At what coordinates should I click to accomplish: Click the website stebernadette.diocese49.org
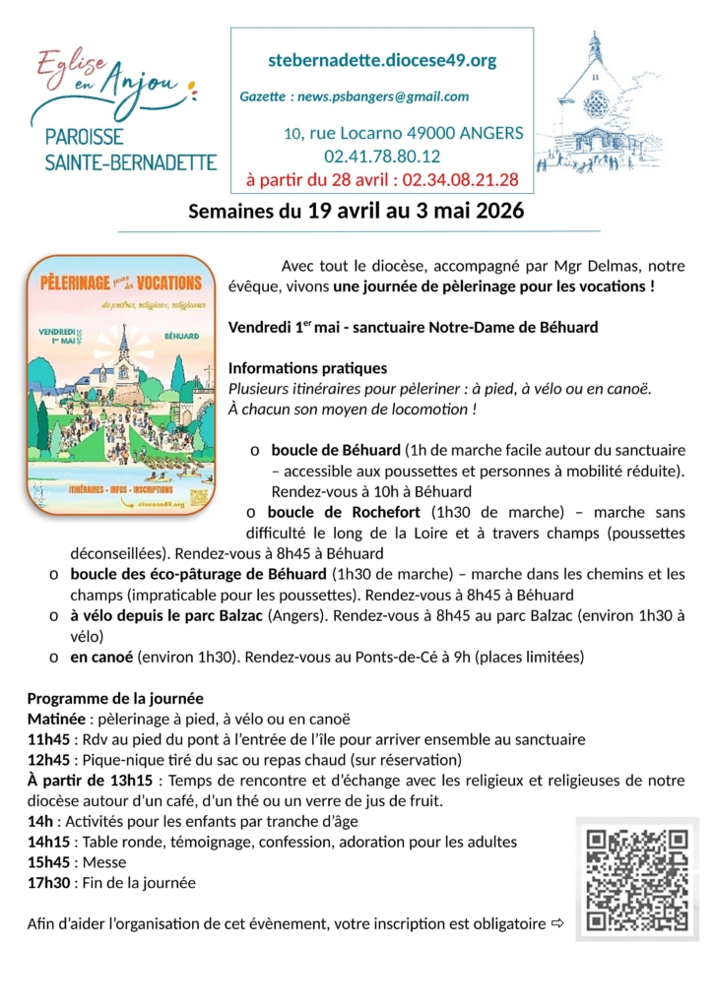pos(382,61)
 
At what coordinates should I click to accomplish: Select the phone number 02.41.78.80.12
pos(382,156)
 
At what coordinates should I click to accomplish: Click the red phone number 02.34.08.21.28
pos(460,179)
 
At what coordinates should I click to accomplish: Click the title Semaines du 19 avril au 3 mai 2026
pos(356,212)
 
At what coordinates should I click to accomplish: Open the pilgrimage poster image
pos(120,385)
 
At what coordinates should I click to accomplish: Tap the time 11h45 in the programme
pos(48,739)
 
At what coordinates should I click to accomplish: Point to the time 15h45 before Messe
pos(48,862)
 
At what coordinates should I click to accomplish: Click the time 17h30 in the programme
pos(48,883)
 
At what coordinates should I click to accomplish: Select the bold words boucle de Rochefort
pos(344,512)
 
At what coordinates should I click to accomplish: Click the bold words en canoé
pos(103,657)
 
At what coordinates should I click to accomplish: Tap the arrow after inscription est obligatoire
pos(556,924)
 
